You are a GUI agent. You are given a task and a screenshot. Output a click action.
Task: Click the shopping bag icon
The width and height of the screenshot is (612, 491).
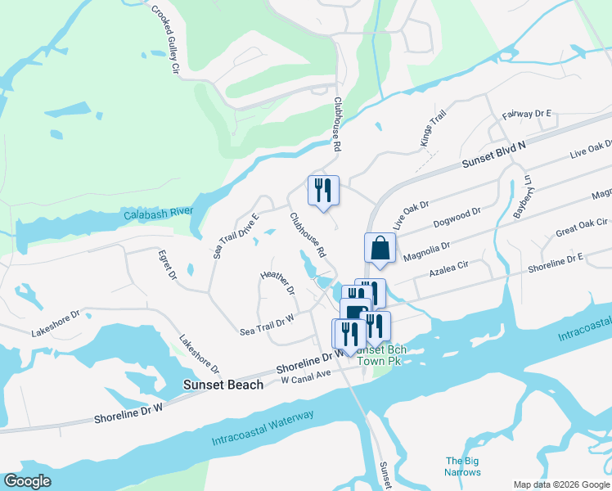(380, 248)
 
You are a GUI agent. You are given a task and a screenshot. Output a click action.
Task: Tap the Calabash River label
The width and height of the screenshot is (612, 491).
(158, 214)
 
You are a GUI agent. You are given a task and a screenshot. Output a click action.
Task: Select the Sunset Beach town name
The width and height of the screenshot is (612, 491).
(223, 385)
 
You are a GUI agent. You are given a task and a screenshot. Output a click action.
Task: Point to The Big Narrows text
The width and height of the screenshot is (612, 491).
(462, 466)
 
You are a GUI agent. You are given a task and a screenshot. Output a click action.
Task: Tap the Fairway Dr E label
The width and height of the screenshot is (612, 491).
(528, 114)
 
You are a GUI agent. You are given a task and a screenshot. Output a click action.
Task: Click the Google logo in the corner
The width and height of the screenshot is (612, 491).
(28, 481)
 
